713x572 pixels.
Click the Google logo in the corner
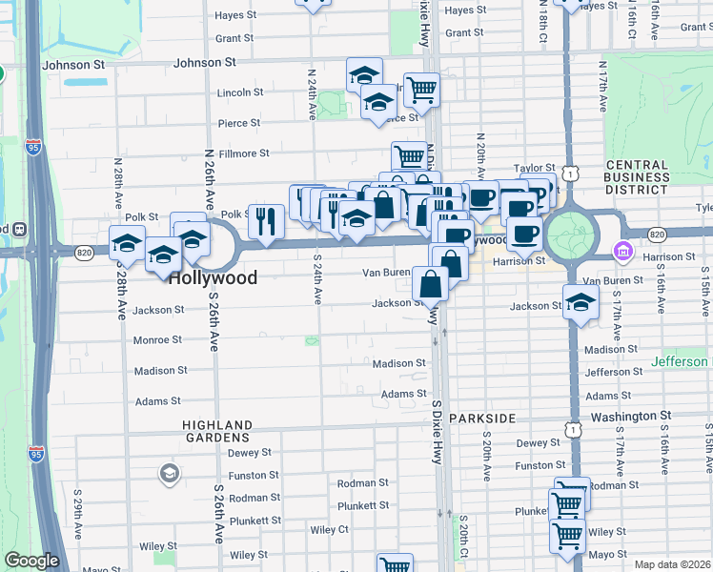pos(31,562)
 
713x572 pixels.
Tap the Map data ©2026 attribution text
pos(673,564)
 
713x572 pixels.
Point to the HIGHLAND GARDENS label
pos(218,432)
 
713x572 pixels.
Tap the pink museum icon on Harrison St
pos(623,252)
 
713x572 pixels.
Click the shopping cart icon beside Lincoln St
pos(420,91)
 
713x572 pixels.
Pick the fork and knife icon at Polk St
pos(266,221)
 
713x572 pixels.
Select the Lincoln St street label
pos(240,92)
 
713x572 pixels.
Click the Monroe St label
pos(157,339)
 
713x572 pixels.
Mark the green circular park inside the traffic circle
pos(572,235)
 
